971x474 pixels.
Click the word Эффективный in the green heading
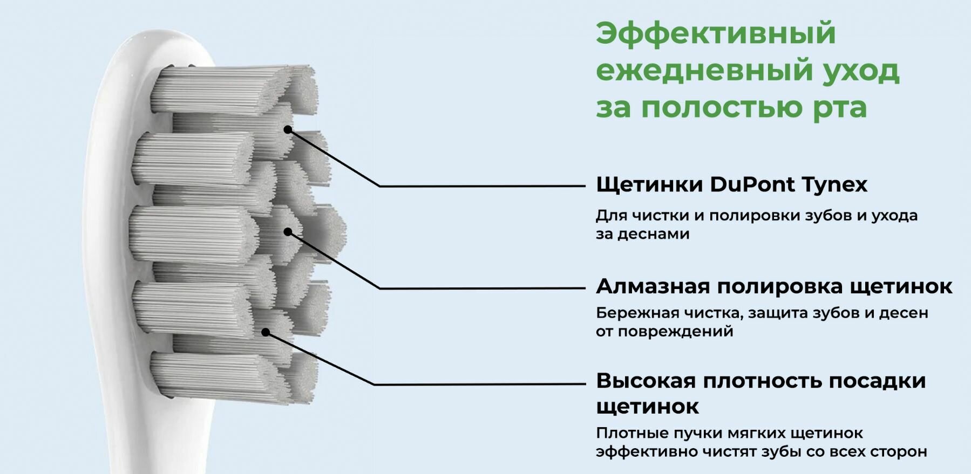[x=716, y=33]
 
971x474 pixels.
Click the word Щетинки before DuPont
[x=649, y=185]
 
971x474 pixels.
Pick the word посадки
[x=877, y=381]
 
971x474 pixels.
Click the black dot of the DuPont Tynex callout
[x=288, y=129]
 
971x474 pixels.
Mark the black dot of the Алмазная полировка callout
[x=288, y=232]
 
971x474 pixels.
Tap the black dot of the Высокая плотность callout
[x=265, y=332]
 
